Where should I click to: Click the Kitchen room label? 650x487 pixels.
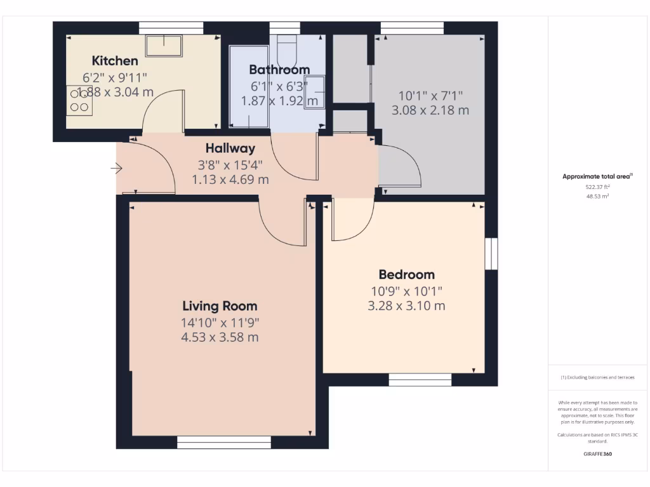115,61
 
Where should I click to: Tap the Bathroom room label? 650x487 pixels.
279,70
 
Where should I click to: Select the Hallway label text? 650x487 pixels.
230,148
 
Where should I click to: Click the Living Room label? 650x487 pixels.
220,306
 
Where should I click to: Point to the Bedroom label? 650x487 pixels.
406,275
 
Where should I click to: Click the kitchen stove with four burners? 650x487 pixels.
79,101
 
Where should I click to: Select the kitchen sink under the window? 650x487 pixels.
164,46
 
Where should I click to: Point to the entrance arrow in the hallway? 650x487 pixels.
116,168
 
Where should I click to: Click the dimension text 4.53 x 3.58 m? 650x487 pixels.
220,337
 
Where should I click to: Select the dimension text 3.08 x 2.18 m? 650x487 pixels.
430,110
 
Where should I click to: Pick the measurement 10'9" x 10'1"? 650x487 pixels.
406,291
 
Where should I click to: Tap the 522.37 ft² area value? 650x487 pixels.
597,187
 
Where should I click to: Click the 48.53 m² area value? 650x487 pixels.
597,197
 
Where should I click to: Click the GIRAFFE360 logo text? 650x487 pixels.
597,454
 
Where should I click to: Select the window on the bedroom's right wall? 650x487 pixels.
491,254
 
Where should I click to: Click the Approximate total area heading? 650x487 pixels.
597,177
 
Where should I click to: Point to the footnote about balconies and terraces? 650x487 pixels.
597,377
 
